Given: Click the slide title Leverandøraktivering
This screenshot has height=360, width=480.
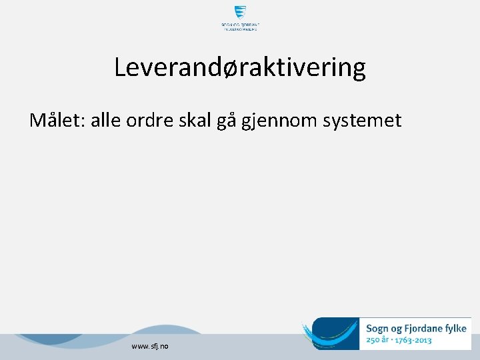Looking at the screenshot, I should tap(239, 67).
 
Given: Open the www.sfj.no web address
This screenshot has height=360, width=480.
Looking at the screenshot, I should tap(150, 346).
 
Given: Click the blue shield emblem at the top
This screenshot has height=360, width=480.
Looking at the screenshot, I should tap(240, 13).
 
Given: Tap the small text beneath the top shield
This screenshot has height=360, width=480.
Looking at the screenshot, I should tap(240, 27).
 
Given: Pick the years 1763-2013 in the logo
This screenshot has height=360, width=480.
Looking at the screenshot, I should tap(414, 341).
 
